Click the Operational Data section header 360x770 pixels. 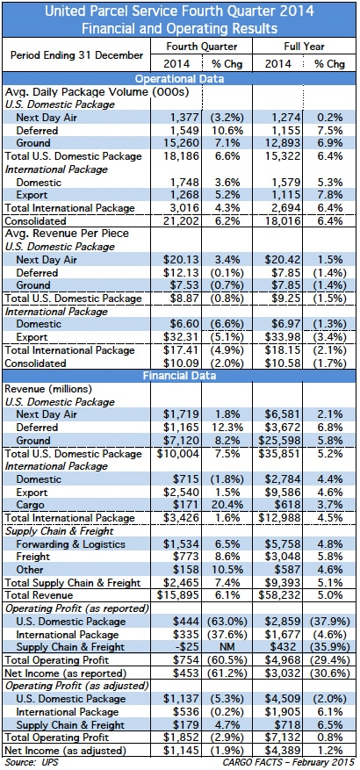click(x=179, y=79)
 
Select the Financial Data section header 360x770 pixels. click(x=179, y=376)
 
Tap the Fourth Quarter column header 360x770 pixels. click(x=202, y=47)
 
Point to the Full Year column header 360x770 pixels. click(x=305, y=47)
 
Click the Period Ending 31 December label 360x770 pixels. click(x=76, y=54)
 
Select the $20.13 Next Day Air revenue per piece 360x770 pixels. click(x=181, y=260)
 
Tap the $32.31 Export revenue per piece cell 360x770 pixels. click(x=181, y=337)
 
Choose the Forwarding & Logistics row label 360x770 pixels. click(x=70, y=544)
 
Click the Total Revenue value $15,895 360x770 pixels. click(x=178, y=595)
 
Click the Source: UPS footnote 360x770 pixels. click(x=31, y=763)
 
